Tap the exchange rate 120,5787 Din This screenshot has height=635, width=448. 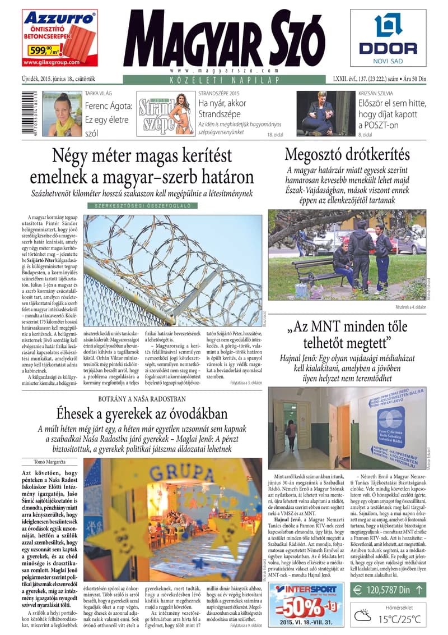pyautogui.click(x=382, y=590)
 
